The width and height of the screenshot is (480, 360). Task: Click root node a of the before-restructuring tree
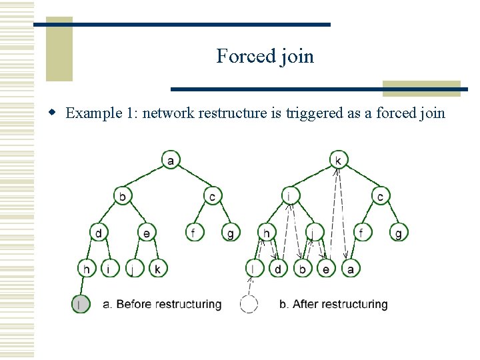pos(171,161)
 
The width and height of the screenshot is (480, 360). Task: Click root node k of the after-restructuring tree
pos(339,161)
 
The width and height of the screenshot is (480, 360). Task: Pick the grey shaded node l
pos(81,304)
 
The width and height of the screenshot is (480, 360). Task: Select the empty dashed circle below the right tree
pos(249,304)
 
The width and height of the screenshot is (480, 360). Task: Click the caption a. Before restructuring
pos(162,305)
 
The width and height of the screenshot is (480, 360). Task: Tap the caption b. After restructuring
pos(333,305)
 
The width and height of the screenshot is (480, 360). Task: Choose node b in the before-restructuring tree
pos(123,196)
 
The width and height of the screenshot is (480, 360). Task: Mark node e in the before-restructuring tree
pos(147,232)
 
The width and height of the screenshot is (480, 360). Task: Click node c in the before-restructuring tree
pos(212,196)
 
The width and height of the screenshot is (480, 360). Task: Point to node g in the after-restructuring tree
pos(399,232)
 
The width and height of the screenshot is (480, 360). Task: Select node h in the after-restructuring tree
pos(267,232)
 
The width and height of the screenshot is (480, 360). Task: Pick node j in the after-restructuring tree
pos(314,232)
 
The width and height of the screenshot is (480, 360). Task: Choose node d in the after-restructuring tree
pos(279,268)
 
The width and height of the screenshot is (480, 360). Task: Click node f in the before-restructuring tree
pos(194,232)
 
